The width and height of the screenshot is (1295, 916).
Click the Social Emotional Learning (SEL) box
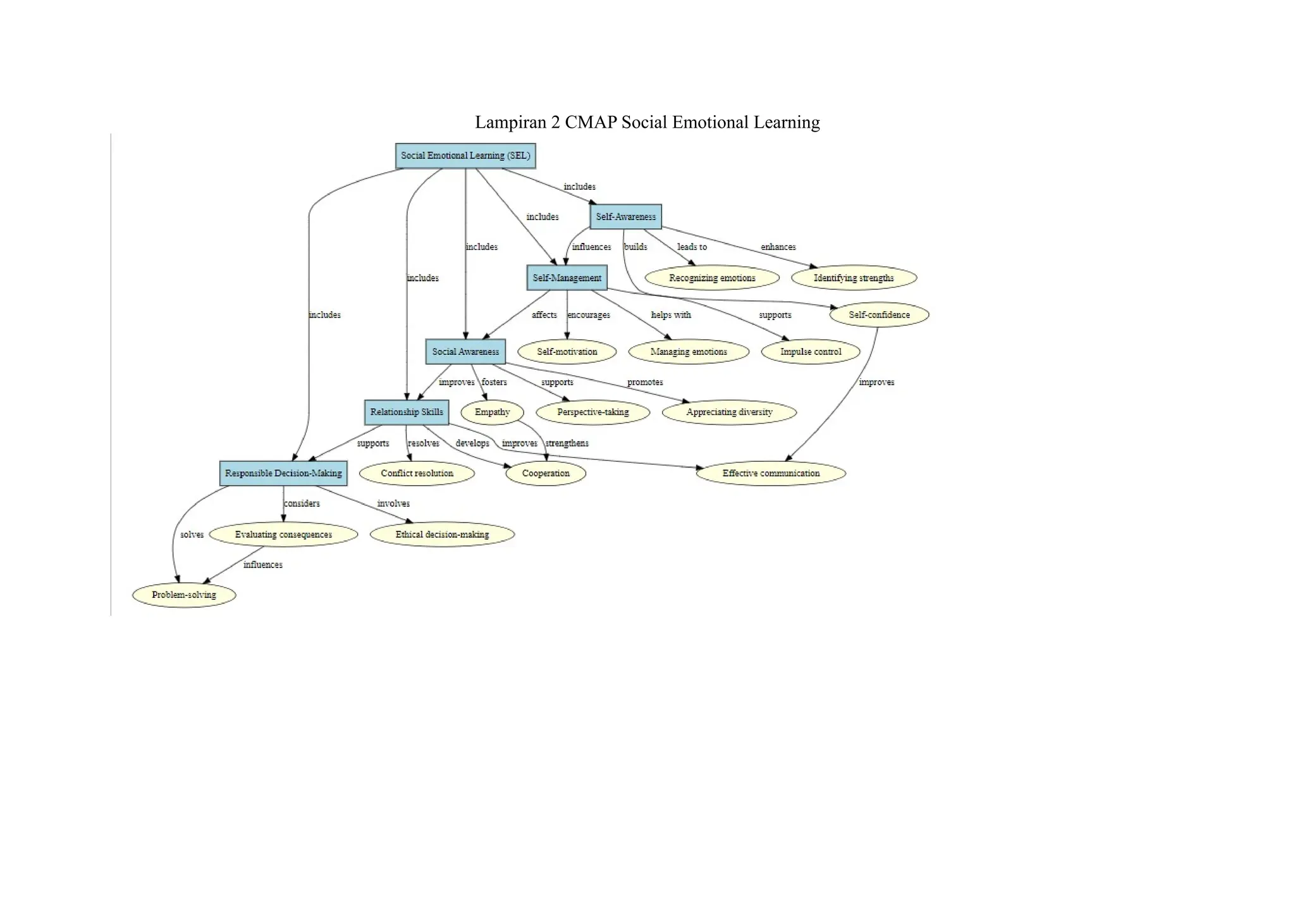[x=465, y=156]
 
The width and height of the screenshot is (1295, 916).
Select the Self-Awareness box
[x=625, y=216]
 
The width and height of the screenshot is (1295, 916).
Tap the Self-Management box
[x=567, y=278]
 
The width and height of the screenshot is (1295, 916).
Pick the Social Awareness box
[x=465, y=352]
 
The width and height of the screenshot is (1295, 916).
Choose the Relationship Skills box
[x=407, y=412]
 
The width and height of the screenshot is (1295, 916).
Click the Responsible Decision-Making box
[x=283, y=473]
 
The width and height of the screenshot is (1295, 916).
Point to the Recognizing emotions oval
[x=712, y=278]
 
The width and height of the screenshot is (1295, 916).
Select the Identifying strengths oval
[x=854, y=278]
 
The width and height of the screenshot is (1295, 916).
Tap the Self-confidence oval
[x=879, y=314]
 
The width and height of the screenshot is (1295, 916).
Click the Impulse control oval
[x=811, y=352]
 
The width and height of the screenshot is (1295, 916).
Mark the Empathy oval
[x=492, y=412]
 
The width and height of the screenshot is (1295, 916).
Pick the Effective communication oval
[x=771, y=473]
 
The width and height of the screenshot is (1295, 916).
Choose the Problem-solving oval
[x=184, y=595]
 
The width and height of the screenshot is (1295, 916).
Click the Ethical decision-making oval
[x=442, y=535]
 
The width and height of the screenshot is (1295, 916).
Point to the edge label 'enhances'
[x=778, y=247]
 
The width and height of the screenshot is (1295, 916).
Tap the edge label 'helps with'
[x=671, y=314]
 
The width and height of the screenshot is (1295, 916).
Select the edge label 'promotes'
[x=645, y=382]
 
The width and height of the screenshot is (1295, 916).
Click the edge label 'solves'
[x=192, y=535]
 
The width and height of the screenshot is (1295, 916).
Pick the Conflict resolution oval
[x=417, y=473]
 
